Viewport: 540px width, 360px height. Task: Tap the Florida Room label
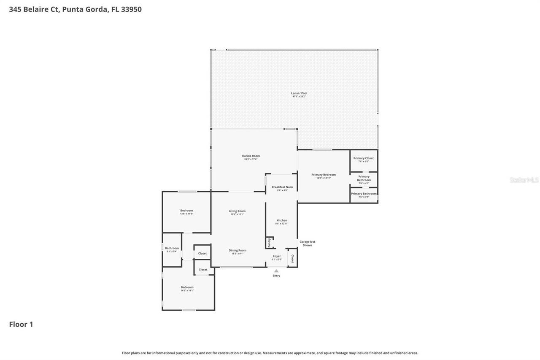251,156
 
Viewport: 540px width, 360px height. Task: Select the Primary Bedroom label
324,175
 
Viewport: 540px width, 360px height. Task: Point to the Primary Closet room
364,160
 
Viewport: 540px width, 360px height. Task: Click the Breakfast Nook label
282,187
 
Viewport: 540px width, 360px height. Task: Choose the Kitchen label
282,220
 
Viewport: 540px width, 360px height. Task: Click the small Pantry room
269,243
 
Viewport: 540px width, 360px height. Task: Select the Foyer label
277,256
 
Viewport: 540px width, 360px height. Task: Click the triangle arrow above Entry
276,271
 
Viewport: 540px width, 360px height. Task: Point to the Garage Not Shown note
307,243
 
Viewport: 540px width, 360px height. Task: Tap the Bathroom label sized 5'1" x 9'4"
172,248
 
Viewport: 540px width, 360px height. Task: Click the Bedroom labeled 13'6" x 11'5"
186,211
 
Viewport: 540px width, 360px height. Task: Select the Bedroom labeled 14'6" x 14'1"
187,287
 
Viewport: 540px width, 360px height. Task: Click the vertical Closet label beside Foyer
292,258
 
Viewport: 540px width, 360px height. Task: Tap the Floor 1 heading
21,324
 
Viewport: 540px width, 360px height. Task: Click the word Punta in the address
72,9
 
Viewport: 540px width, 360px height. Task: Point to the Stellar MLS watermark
524,180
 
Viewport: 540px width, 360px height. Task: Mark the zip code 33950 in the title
131,9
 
